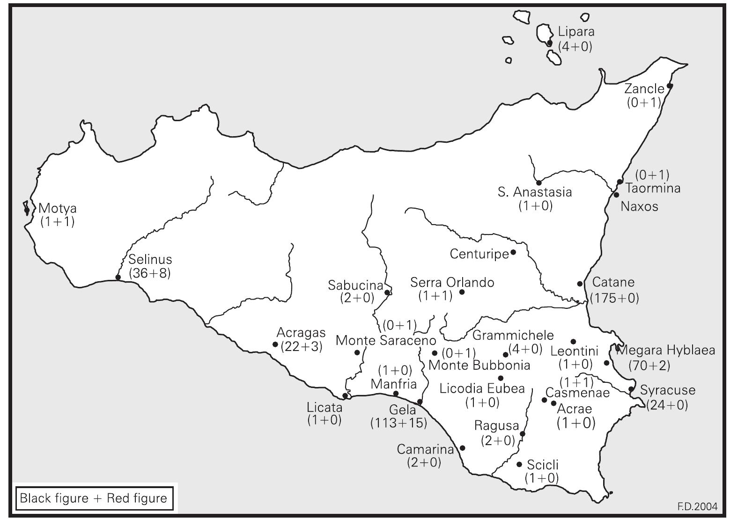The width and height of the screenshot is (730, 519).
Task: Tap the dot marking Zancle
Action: (670, 86)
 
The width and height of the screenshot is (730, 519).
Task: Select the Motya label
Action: (58, 208)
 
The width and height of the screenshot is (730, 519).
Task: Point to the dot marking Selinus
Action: (118, 277)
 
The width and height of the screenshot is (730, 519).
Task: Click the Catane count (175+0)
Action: (614, 298)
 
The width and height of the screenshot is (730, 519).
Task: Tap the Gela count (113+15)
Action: (399, 423)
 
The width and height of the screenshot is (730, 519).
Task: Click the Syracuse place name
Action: (668, 390)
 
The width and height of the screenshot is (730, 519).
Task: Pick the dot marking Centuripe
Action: (513, 252)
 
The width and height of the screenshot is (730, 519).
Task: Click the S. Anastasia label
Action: (535, 192)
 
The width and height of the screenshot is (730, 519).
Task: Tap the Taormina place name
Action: (653, 189)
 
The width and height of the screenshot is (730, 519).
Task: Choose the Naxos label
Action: (639, 206)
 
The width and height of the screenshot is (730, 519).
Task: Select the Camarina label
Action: (425, 450)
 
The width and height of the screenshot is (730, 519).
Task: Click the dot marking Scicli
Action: (519, 464)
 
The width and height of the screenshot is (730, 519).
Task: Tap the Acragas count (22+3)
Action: (301, 347)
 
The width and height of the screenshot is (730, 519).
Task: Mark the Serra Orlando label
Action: (452, 283)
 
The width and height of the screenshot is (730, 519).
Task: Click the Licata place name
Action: (324, 408)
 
